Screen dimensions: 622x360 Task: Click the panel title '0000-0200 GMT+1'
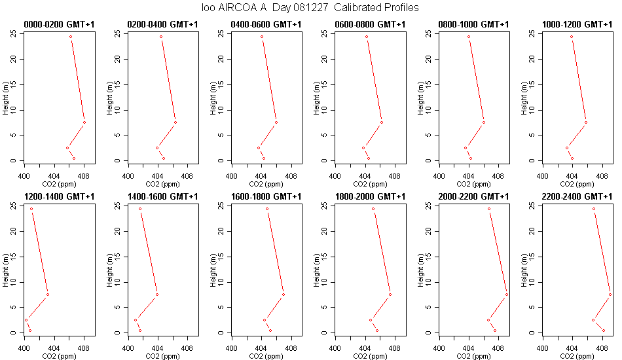pos(59,25)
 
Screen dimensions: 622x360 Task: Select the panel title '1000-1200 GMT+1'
pos(577,25)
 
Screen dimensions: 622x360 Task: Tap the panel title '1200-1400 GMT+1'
pos(59,196)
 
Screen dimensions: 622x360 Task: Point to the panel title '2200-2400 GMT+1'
pos(577,196)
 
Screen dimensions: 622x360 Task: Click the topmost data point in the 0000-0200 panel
pos(71,37)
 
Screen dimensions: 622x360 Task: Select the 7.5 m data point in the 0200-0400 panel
pos(175,122)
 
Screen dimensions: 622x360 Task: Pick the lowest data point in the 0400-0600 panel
pos(264,158)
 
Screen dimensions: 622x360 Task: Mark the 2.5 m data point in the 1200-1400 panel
pos(26,320)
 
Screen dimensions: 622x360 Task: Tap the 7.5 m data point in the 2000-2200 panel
pos(507,295)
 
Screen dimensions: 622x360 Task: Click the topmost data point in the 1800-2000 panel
pos(373,209)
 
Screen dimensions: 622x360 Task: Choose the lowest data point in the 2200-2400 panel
pos(604,331)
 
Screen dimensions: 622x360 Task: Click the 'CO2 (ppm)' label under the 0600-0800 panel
pos(370,185)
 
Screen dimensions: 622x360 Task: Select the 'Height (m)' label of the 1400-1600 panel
pos(109,270)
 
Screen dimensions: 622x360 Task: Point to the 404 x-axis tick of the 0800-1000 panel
pos(469,177)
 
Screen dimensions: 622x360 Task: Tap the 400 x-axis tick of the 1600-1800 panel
pos(232,348)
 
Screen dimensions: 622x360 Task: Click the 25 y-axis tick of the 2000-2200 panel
pos(428,206)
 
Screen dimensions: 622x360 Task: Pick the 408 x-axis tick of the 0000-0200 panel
pos(84,177)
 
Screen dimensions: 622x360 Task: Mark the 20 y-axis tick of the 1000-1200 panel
pos(532,59)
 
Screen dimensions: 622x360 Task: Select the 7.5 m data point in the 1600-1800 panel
pos(284,295)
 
